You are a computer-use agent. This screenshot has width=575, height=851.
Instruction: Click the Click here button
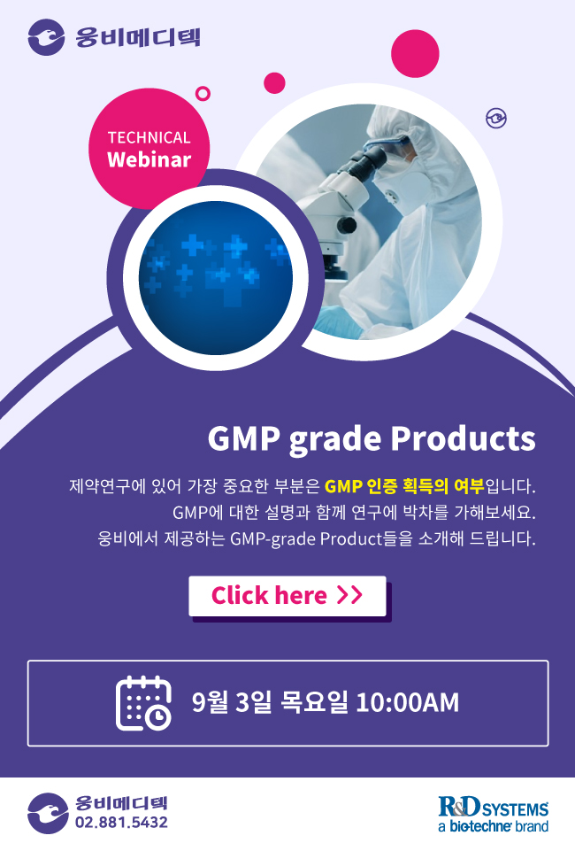pyautogui.click(x=287, y=596)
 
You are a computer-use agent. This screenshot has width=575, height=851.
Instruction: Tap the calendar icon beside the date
pyautogui.click(x=143, y=703)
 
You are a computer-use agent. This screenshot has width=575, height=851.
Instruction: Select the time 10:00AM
pyautogui.click(x=408, y=702)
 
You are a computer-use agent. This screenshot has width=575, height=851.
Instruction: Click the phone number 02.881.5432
pyautogui.click(x=121, y=823)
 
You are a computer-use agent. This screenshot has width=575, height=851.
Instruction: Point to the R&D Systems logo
pyautogui.click(x=493, y=814)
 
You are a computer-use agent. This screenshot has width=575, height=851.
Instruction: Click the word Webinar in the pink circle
pyautogui.click(x=149, y=159)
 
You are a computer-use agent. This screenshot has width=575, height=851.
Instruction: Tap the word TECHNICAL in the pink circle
pyautogui.click(x=149, y=138)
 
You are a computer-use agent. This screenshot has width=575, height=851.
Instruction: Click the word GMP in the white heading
pyautogui.click(x=244, y=438)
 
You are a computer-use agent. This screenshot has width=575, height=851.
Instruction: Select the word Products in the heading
pyautogui.click(x=464, y=438)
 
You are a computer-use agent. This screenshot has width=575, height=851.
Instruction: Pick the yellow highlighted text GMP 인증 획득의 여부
pyautogui.click(x=403, y=486)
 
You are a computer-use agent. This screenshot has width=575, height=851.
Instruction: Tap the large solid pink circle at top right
pyautogui.click(x=415, y=54)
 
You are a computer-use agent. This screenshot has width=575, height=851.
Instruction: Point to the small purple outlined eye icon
pyautogui.click(x=496, y=118)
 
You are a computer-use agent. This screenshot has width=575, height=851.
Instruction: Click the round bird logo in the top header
pyautogui.click(x=47, y=37)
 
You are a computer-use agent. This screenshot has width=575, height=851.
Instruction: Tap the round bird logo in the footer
pyautogui.click(x=48, y=813)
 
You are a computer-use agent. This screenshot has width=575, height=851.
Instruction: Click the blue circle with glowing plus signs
pyautogui.click(x=216, y=277)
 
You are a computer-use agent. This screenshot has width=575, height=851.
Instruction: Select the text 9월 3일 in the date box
pyautogui.click(x=232, y=702)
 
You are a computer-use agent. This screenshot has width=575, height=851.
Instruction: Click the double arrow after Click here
pyautogui.click(x=349, y=595)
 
